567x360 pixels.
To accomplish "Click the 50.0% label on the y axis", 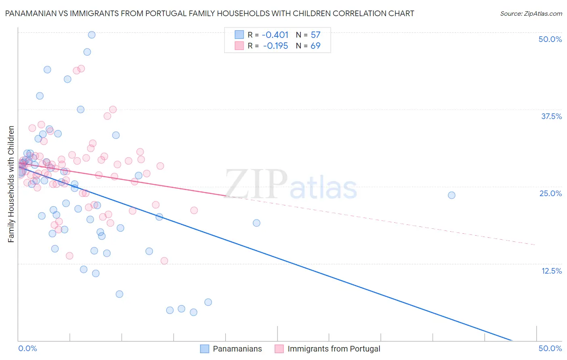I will tap(550, 39).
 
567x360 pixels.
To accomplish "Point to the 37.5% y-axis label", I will tap(551, 116).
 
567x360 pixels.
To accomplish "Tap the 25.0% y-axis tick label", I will tap(550, 193).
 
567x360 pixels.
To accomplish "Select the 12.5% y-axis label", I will tap(551, 271).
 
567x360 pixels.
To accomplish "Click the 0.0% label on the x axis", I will tap(27, 348).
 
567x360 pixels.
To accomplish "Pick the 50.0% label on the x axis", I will tap(550, 348).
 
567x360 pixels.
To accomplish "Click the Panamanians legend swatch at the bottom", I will tap(204, 349).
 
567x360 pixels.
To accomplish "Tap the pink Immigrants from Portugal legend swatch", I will tap(279, 349).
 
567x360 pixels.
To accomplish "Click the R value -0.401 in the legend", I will tap(275, 35).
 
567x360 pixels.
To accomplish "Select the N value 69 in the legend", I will tap(315, 46).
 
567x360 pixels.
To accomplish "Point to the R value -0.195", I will tap(275, 46).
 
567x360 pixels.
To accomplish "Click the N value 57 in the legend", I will tap(315, 35).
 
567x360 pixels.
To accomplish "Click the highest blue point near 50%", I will tap(92, 35).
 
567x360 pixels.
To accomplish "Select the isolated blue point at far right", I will tap(452, 195).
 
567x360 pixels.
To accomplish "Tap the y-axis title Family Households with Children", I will tap(11, 184).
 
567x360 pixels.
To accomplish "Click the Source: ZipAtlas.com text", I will tap(531, 14).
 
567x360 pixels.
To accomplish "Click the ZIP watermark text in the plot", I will tap(256, 184).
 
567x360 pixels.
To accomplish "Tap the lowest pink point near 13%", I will tap(164, 261).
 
